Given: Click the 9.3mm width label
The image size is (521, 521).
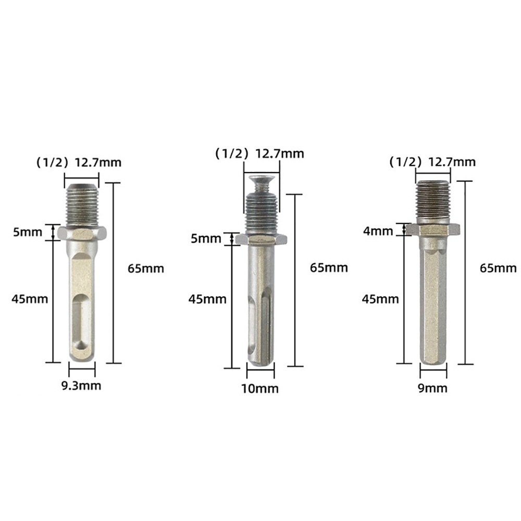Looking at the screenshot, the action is pos(81,386).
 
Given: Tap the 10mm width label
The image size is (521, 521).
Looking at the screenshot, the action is pos(260,389).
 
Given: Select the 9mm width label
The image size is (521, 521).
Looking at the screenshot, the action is pos(432,388).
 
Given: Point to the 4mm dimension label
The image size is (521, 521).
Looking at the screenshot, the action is pos(378,231).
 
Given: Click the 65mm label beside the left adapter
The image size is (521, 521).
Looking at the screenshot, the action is pos(146,268).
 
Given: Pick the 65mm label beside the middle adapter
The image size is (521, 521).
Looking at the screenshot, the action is pos(329,268).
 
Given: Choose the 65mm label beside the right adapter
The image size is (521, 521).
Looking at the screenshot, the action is pos(498,268).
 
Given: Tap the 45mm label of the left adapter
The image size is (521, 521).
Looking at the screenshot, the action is pos(30,299).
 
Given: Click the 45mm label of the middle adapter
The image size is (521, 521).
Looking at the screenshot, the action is pos(207,300).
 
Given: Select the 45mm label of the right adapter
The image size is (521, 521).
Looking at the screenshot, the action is pos(380,300).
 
